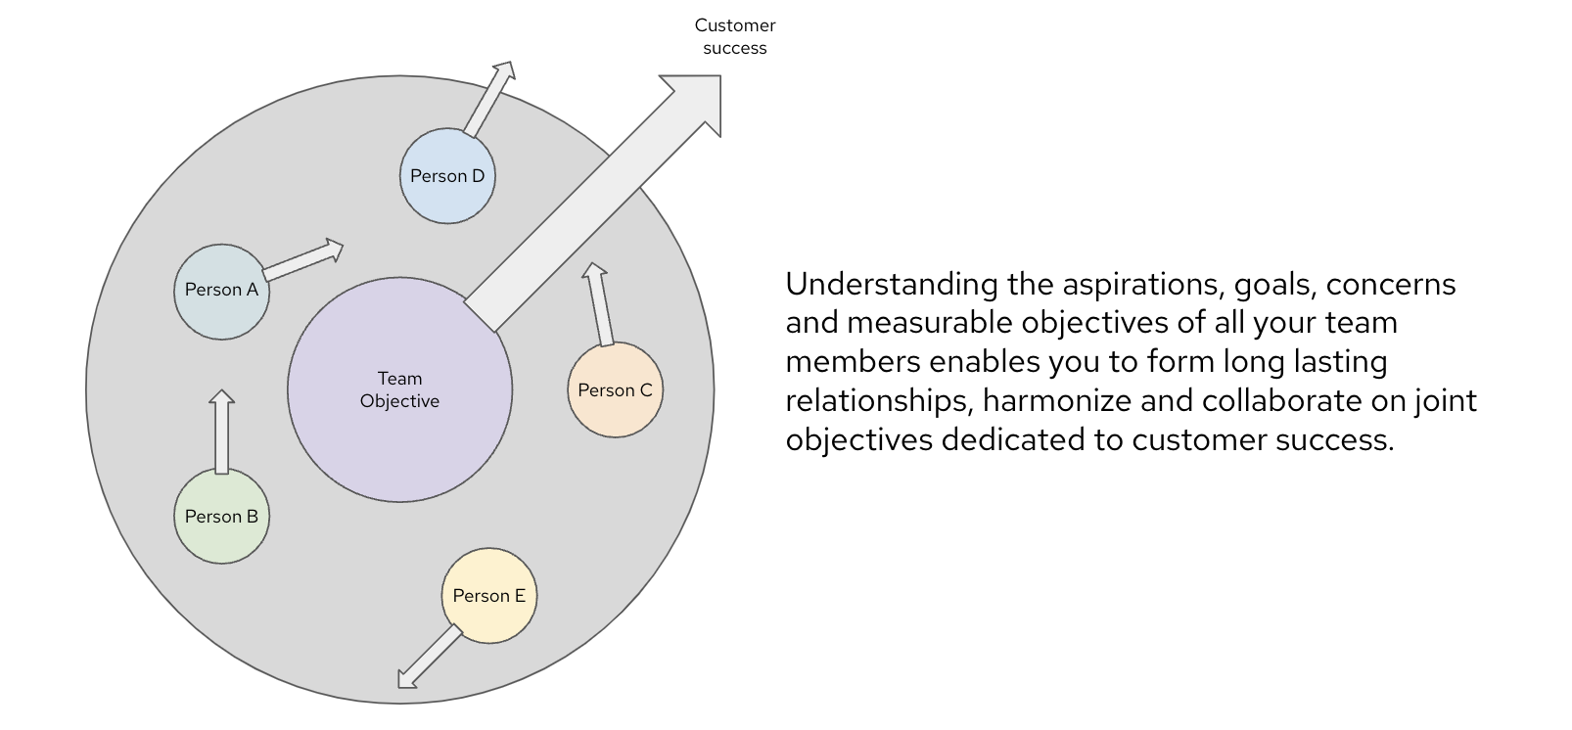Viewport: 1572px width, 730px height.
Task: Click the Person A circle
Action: tap(221, 291)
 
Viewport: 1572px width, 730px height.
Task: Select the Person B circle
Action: tap(221, 517)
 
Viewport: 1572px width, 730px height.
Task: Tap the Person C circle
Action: tap(615, 390)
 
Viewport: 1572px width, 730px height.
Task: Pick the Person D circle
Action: tap(447, 176)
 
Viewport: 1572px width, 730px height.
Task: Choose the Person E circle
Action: tap(489, 596)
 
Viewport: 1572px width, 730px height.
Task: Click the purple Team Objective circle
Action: tap(399, 390)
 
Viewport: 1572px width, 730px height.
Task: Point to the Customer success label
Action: tap(735, 36)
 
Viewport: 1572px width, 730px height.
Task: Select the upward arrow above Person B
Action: tap(222, 432)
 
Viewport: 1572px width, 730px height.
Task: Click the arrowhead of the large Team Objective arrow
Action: tap(694, 102)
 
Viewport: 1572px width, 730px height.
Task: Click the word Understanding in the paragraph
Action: tap(892, 285)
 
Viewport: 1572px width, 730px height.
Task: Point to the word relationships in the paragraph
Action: tap(879, 401)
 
